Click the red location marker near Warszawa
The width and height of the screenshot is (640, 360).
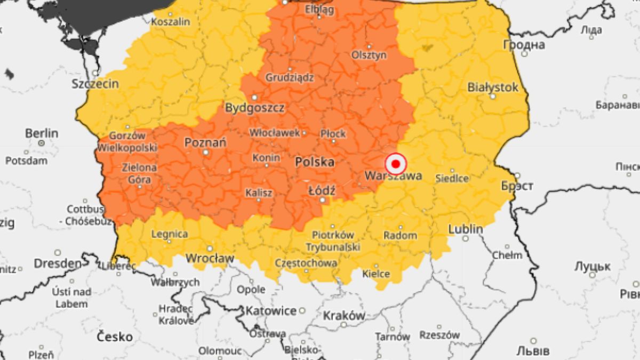click(x=396, y=164)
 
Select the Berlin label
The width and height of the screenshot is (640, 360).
click(x=41, y=133)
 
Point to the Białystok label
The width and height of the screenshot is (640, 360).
click(x=493, y=87)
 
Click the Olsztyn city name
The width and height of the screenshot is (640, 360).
click(x=369, y=55)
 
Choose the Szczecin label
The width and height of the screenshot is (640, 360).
click(x=95, y=84)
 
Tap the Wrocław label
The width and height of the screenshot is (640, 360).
click(x=210, y=258)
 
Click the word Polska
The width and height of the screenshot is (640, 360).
click(x=315, y=162)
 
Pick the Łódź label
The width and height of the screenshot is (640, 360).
click(x=322, y=190)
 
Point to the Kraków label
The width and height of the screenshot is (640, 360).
click(x=344, y=315)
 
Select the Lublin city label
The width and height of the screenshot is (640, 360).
click(x=466, y=229)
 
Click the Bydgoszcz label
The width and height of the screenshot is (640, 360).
click(x=254, y=108)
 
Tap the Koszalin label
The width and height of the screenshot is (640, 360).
click(x=171, y=22)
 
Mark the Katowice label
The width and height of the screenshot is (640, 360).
click(x=271, y=310)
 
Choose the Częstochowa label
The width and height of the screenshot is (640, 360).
click(x=306, y=263)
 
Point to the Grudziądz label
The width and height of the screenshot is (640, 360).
click(x=290, y=77)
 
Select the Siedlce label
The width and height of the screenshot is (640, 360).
click(x=452, y=178)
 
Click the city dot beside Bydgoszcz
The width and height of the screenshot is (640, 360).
click(x=254, y=98)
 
